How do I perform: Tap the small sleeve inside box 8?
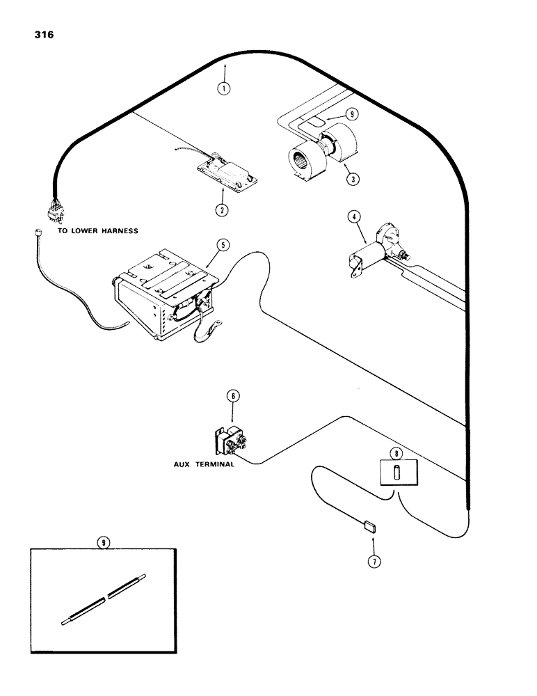click(395, 474)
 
